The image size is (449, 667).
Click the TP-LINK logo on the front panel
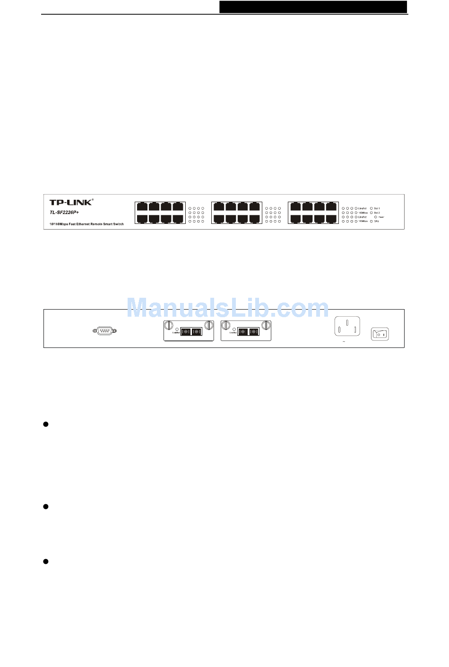tap(71, 203)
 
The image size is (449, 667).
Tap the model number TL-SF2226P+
tap(64, 213)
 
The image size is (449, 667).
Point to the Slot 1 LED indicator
tap(371, 208)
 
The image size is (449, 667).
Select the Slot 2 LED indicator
tap(371, 213)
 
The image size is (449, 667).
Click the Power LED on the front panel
tap(376, 217)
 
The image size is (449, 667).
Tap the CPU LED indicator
tap(371, 222)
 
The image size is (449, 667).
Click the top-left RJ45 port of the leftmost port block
tap(142, 207)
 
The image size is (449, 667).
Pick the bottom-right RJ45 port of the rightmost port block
tap(331, 219)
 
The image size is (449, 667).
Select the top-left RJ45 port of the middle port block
tap(219, 207)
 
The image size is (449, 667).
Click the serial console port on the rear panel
tap(104, 331)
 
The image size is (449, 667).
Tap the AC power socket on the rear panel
tap(347, 327)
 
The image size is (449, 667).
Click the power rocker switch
tap(380, 334)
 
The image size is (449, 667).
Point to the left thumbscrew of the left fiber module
tap(168, 325)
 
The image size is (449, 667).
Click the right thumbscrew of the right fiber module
tap(266, 325)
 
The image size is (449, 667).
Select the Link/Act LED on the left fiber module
tap(177, 329)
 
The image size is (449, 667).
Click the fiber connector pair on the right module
tap(248, 331)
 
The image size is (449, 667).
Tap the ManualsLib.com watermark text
tap(227, 308)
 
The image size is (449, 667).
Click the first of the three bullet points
tap(46, 424)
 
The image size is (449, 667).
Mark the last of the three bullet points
tap(46, 561)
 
